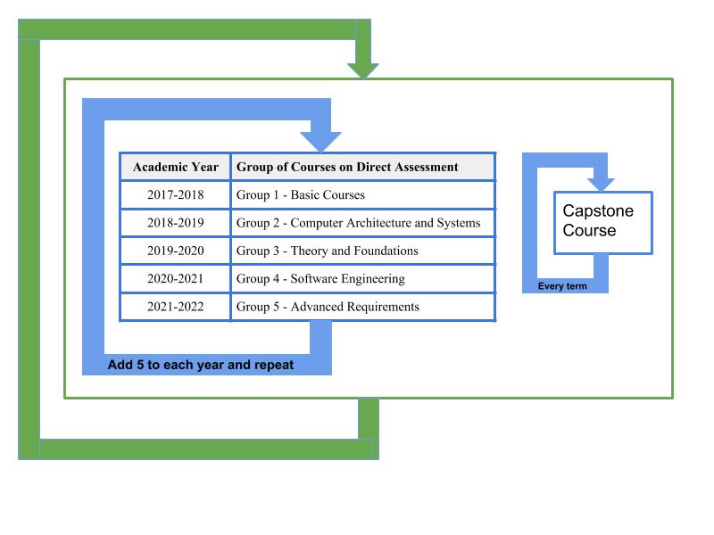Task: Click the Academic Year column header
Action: pyautogui.click(x=175, y=167)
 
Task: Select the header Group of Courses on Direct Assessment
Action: pyautogui.click(x=363, y=167)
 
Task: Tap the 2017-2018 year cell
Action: pyautogui.click(x=175, y=194)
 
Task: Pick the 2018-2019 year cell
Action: pyautogui.click(x=175, y=222)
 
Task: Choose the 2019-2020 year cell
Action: pyautogui.click(x=175, y=251)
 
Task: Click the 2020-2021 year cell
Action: pyautogui.click(x=175, y=278)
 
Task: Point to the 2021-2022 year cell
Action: pyautogui.click(x=175, y=307)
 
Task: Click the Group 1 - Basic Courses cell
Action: pyautogui.click(x=363, y=194)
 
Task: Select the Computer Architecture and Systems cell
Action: pyautogui.click(x=363, y=222)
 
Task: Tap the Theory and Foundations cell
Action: pyautogui.click(x=363, y=251)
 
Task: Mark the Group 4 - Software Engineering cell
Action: pyautogui.click(x=363, y=278)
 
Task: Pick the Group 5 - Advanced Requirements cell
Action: pyautogui.click(x=363, y=307)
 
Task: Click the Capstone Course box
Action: pyautogui.click(x=603, y=222)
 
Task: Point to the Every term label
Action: pyautogui.click(x=562, y=286)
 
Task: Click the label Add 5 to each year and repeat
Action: pyautogui.click(x=200, y=365)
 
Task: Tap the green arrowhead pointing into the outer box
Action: pyautogui.click(x=363, y=70)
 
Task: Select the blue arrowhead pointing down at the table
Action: pyautogui.click(x=320, y=142)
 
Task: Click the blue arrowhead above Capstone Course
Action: pyautogui.click(x=601, y=185)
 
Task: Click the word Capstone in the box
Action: pyautogui.click(x=598, y=211)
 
